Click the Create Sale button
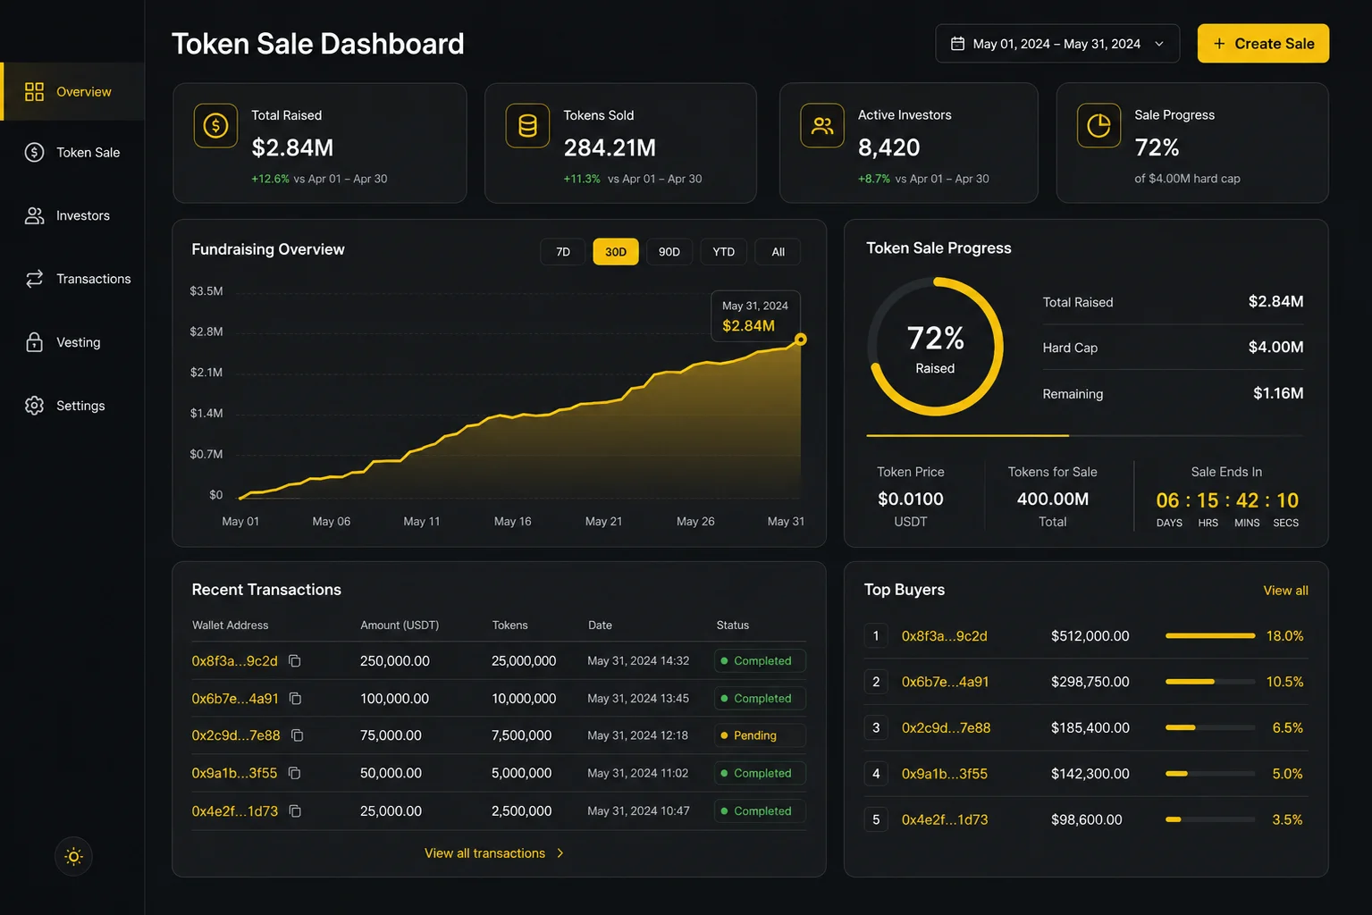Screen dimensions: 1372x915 tap(1263, 44)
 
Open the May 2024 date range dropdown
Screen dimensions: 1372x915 tap(1057, 44)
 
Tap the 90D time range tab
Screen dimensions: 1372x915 tap(669, 252)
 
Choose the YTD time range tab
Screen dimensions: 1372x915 tap(723, 252)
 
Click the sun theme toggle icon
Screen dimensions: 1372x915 tap(73, 856)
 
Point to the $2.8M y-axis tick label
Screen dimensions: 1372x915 tap(206, 332)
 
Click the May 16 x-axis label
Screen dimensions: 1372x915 tap(513, 521)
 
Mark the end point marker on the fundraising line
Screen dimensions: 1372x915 tap(801, 339)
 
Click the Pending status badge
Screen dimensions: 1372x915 tap(760, 735)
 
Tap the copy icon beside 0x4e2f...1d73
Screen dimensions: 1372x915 tap(295, 810)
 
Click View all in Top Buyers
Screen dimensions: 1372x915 tap(1285, 591)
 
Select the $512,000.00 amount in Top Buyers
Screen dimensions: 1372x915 tap(1090, 635)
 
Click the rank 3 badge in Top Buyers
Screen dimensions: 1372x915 tap(876, 727)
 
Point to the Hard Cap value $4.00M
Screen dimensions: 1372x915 tap(1275, 347)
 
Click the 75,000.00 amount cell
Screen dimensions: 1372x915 tap(391, 735)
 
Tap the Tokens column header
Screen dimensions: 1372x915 tap(509, 625)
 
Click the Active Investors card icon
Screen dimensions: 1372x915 tap(822, 126)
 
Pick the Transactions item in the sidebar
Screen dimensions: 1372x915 tap(78, 279)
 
